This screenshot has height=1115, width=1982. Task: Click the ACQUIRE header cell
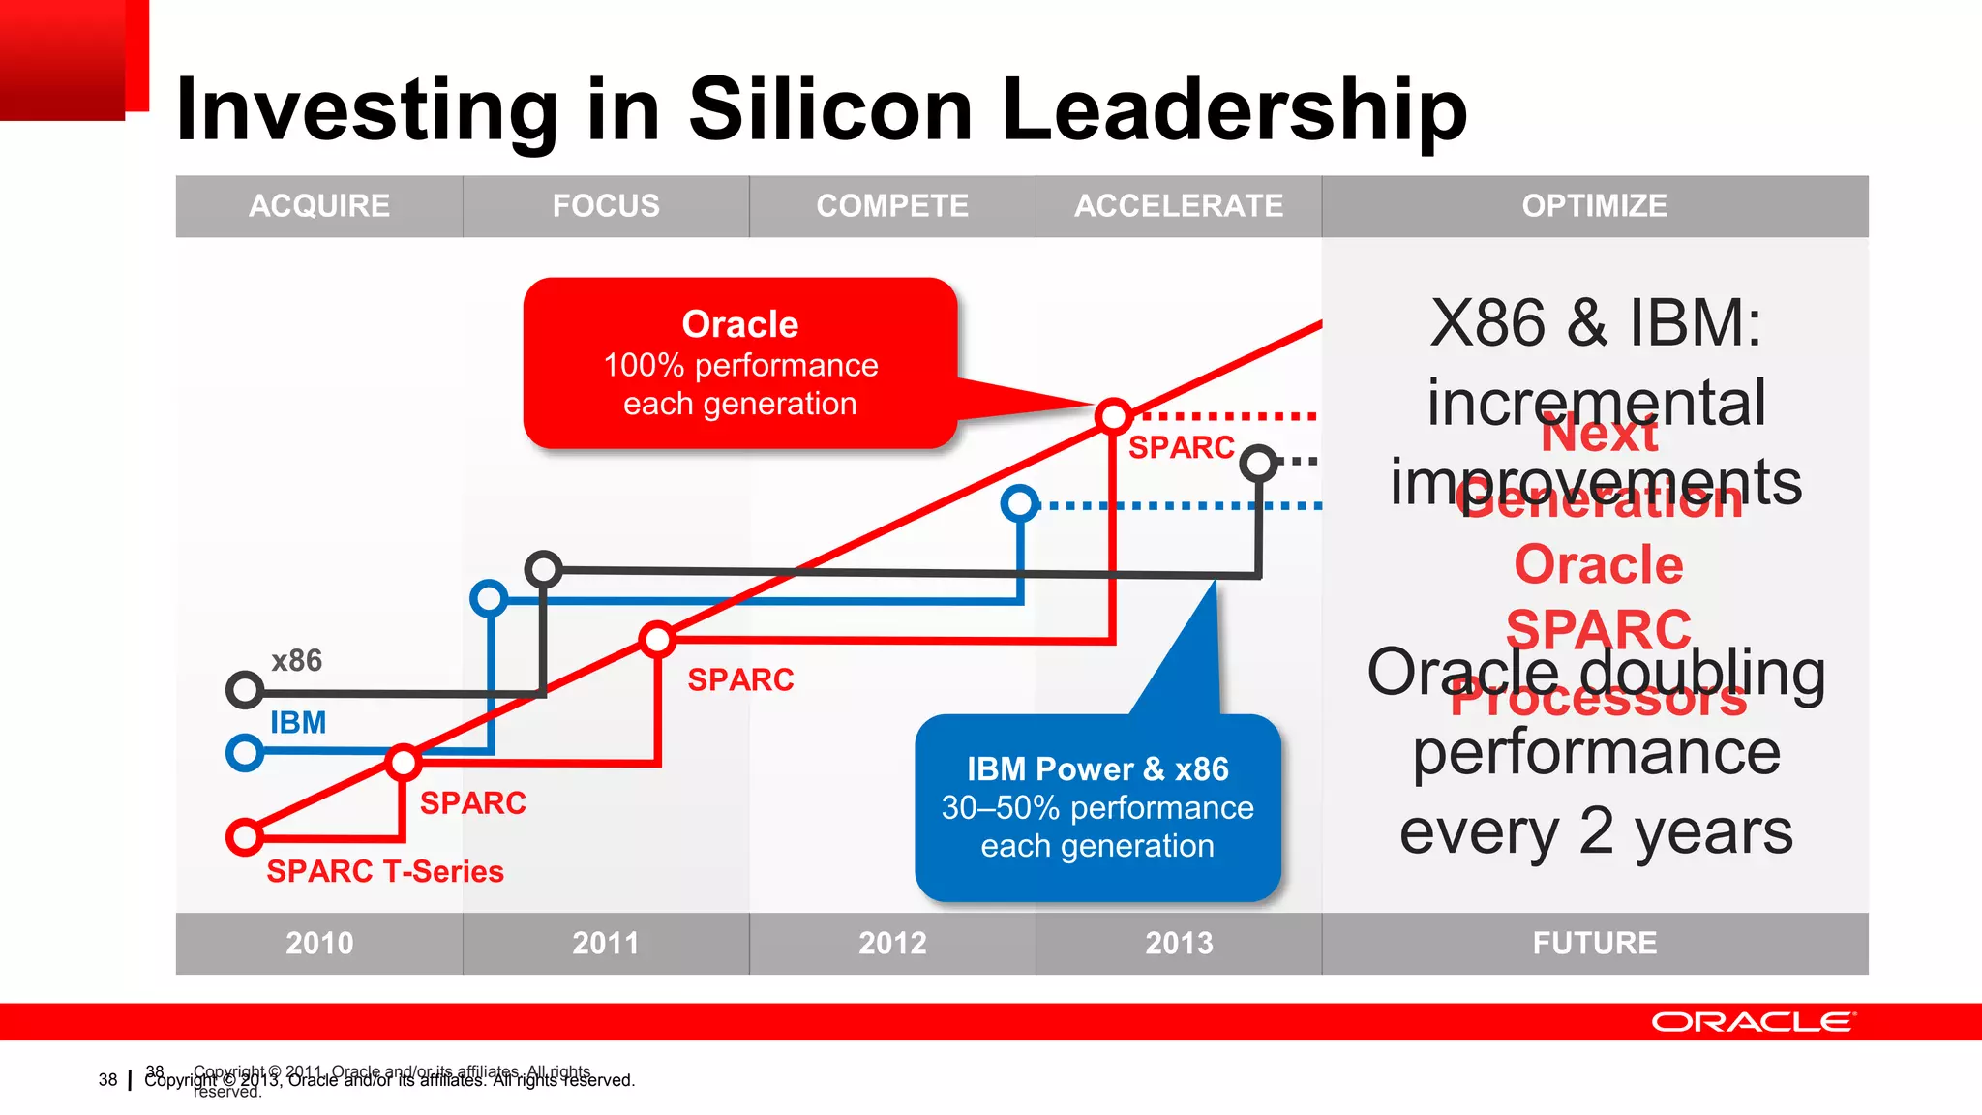tap(318, 205)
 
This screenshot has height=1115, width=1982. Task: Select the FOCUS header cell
tap(605, 205)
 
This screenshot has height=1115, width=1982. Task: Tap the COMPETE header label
tap(891, 205)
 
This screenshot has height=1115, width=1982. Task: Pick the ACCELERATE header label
tap(1178, 205)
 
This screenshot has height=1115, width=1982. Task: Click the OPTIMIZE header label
tap(1594, 205)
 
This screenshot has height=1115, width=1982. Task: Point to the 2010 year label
tap(318, 943)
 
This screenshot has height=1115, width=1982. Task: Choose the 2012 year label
tap(891, 943)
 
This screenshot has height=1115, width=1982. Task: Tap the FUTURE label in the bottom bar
tap(1594, 943)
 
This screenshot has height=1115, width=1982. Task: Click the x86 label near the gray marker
tap(296, 660)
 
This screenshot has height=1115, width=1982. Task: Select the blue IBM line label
tap(297, 722)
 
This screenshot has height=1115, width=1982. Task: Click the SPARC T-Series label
tap(384, 871)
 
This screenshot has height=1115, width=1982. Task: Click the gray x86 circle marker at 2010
tap(245, 690)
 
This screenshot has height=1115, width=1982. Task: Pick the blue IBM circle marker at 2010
tap(245, 752)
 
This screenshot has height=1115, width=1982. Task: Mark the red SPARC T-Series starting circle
tap(245, 836)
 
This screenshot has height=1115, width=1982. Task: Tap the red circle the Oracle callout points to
tap(1113, 416)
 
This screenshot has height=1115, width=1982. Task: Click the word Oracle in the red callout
tap(739, 324)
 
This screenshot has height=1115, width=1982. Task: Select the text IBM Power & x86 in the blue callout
tap(1097, 768)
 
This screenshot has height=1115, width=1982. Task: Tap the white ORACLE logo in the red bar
tap(1753, 1022)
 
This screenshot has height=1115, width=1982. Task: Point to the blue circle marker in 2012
tap(1019, 503)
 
